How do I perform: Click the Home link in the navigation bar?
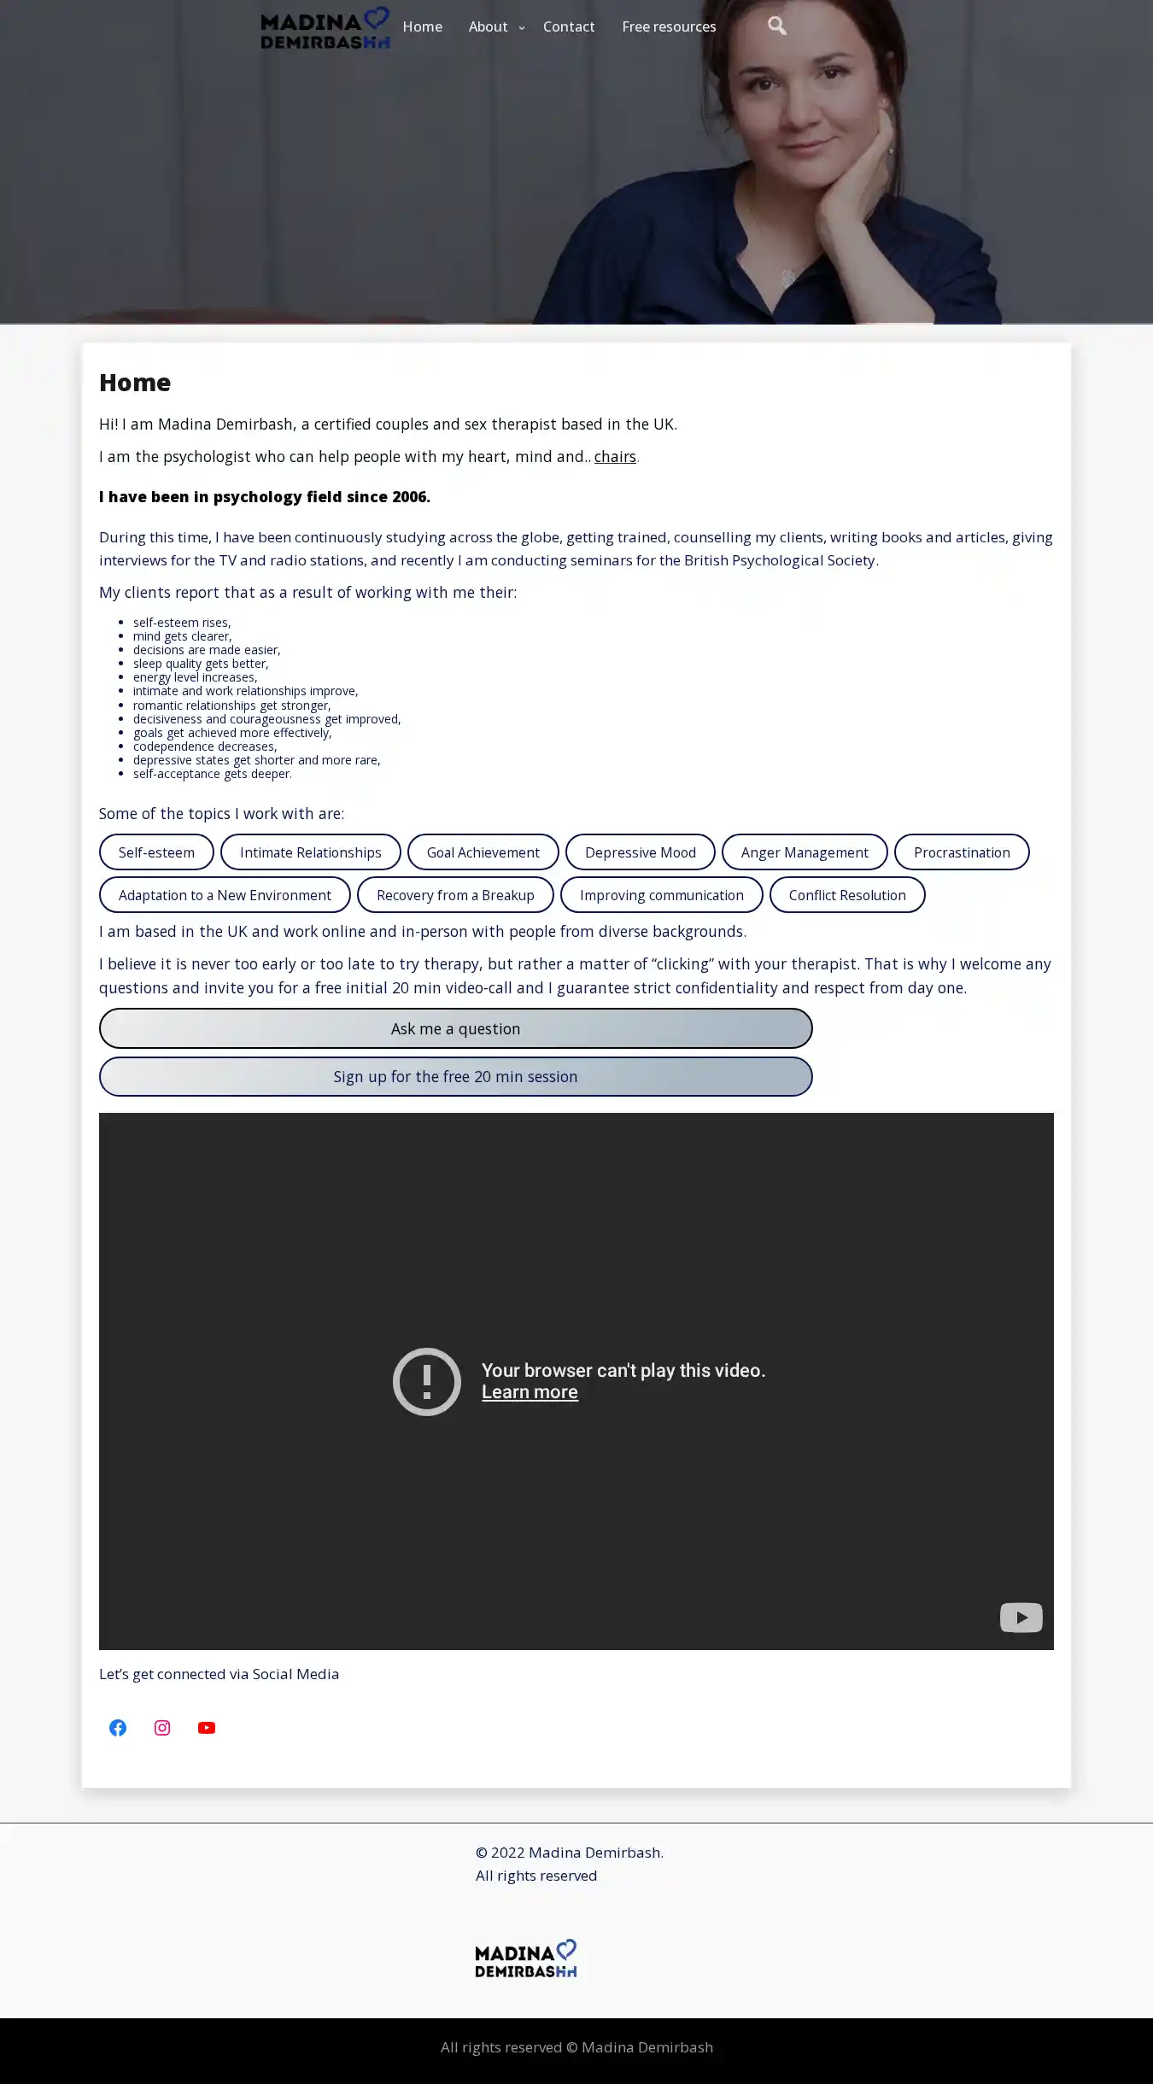[422, 26]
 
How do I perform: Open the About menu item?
[488, 26]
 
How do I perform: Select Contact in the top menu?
[568, 26]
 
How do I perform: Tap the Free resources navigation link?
[669, 26]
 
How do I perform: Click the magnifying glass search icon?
[776, 26]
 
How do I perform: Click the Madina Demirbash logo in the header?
[325, 28]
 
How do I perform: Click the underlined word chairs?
[615, 457]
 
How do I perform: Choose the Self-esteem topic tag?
[156, 852]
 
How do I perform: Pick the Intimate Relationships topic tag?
[310, 852]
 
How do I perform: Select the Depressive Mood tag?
[640, 852]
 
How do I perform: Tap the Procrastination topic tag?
[961, 852]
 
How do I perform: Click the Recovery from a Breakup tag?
[455, 895]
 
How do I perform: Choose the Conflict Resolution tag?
[846, 895]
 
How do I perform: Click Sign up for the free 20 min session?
[455, 1077]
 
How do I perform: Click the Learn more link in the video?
[530, 1392]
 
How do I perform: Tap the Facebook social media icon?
[118, 1728]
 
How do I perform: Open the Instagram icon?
[162, 1728]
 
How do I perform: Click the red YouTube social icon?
[207, 1728]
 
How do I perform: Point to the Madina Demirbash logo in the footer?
[525, 1958]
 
